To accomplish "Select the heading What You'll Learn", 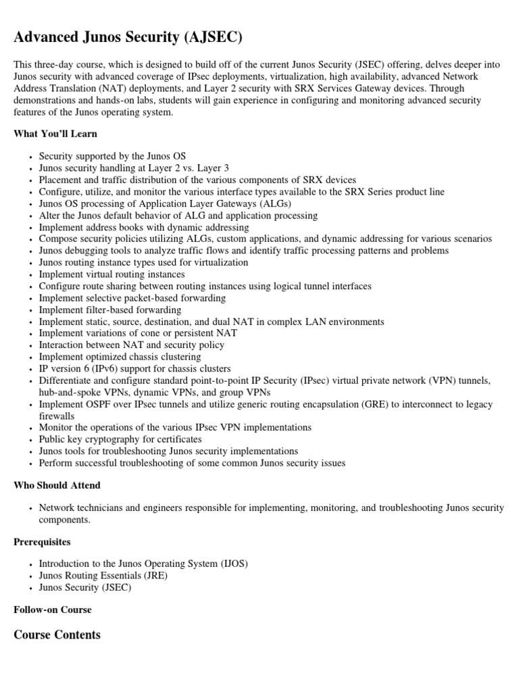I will [55, 134].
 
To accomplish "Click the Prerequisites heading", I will [42, 542].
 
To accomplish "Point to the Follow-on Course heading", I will [53, 610].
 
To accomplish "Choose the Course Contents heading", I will [57, 635].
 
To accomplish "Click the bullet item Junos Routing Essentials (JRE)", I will [103, 576].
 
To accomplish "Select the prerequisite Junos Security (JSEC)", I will [85, 587].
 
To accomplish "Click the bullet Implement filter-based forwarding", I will [110, 310].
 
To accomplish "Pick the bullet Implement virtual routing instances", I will [112, 274].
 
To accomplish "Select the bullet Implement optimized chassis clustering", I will [120, 357].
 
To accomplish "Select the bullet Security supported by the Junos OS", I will [112, 155].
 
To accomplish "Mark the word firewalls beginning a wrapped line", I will [57, 416].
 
